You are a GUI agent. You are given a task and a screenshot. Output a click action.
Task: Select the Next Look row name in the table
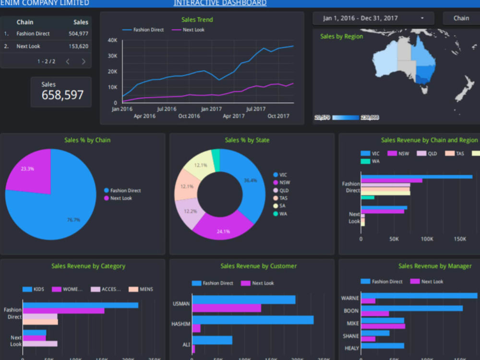[x=28, y=47]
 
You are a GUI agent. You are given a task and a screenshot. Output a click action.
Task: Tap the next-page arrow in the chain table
[x=84, y=61]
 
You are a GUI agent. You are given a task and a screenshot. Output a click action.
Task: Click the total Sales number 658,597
[x=62, y=95]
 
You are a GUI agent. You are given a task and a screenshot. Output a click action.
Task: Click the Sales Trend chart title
[x=197, y=20]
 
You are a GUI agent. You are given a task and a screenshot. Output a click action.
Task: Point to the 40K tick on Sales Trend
[x=112, y=40]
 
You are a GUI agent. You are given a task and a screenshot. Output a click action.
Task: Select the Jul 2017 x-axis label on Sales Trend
[x=256, y=109]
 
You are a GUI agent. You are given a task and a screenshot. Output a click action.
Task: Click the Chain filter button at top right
[x=461, y=18]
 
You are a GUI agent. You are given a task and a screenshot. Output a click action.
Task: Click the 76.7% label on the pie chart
[x=73, y=220]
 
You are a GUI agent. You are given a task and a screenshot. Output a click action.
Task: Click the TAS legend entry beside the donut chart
[x=283, y=198]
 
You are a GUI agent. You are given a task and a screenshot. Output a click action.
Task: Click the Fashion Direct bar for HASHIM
[x=252, y=320]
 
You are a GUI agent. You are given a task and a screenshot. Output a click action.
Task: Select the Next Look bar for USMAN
[x=227, y=308]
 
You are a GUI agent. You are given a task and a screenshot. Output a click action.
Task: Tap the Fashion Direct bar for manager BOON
[x=411, y=308]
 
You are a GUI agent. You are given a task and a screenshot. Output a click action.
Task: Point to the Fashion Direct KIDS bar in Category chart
[x=80, y=305]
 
